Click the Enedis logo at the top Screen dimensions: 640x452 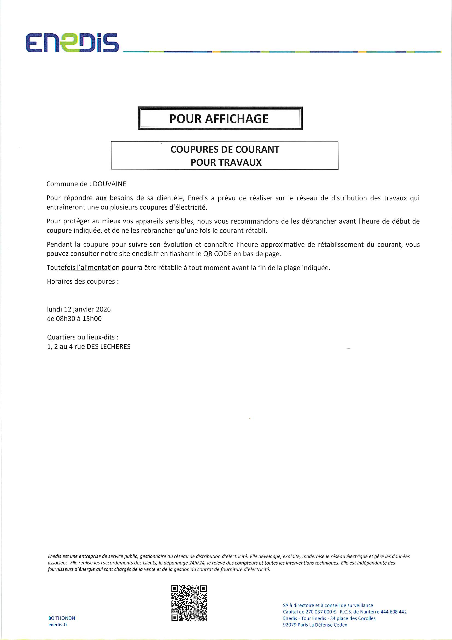point(72,43)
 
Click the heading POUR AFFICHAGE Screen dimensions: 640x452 point(219,119)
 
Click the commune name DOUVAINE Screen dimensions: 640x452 point(109,184)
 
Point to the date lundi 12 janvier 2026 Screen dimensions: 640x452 point(79,309)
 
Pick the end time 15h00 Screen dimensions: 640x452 point(92,319)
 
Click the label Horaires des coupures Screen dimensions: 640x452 point(82,281)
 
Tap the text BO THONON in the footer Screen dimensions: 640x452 point(62,618)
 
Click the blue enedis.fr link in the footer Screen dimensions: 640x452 point(58,625)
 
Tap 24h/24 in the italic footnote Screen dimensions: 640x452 point(197,563)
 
